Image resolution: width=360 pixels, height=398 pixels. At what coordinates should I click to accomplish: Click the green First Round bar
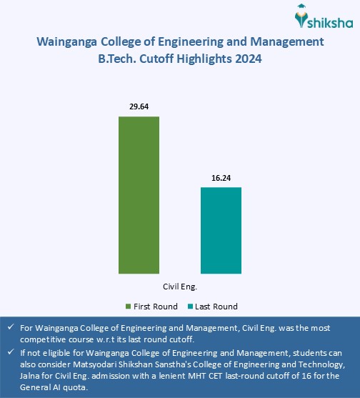click(x=139, y=194)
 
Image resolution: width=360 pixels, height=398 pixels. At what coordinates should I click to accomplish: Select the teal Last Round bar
click(x=221, y=230)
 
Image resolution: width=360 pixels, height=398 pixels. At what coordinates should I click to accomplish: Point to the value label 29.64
click(x=139, y=106)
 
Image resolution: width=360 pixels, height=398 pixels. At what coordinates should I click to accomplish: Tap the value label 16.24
click(x=221, y=177)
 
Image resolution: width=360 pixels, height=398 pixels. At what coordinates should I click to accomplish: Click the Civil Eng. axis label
click(x=179, y=285)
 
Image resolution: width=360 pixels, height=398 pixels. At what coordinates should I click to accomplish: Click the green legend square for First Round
click(x=129, y=307)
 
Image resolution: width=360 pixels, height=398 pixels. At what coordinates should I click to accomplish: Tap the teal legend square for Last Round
click(x=190, y=307)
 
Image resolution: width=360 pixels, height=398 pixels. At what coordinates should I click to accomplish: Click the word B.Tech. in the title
click(x=120, y=60)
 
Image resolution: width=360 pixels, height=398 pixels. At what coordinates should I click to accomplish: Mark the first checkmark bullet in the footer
click(x=9, y=327)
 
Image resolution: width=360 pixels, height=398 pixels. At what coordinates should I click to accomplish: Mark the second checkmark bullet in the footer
click(x=9, y=352)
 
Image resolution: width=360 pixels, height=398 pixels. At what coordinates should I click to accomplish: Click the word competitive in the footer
click(x=41, y=339)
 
